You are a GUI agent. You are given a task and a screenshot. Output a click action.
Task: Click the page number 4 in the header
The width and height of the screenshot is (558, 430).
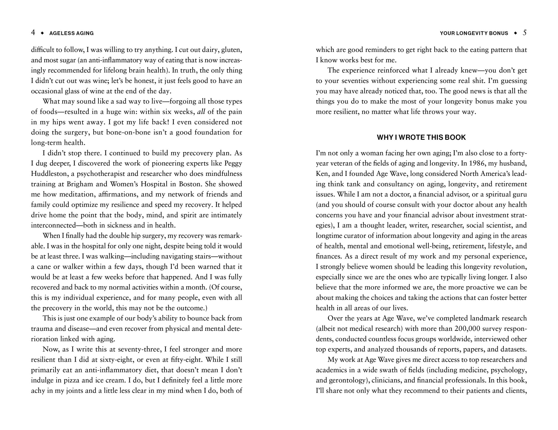click(x=33, y=32)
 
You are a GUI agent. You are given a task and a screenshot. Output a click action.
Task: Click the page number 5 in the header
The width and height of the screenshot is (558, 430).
click(x=524, y=32)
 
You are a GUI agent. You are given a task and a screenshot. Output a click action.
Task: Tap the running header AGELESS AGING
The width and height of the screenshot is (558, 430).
click(x=71, y=33)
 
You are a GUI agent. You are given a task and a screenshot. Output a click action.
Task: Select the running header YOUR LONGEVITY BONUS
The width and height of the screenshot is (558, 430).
click(x=474, y=33)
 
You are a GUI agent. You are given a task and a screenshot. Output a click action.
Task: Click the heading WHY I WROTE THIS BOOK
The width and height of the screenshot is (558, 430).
click(x=421, y=138)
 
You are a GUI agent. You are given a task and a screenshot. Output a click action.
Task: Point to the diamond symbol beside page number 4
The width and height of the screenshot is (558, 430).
click(x=43, y=33)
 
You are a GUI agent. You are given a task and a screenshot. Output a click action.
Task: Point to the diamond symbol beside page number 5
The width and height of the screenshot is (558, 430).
click(x=515, y=33)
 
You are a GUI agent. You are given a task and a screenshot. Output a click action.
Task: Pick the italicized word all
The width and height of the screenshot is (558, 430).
click(x=201, y=112)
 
